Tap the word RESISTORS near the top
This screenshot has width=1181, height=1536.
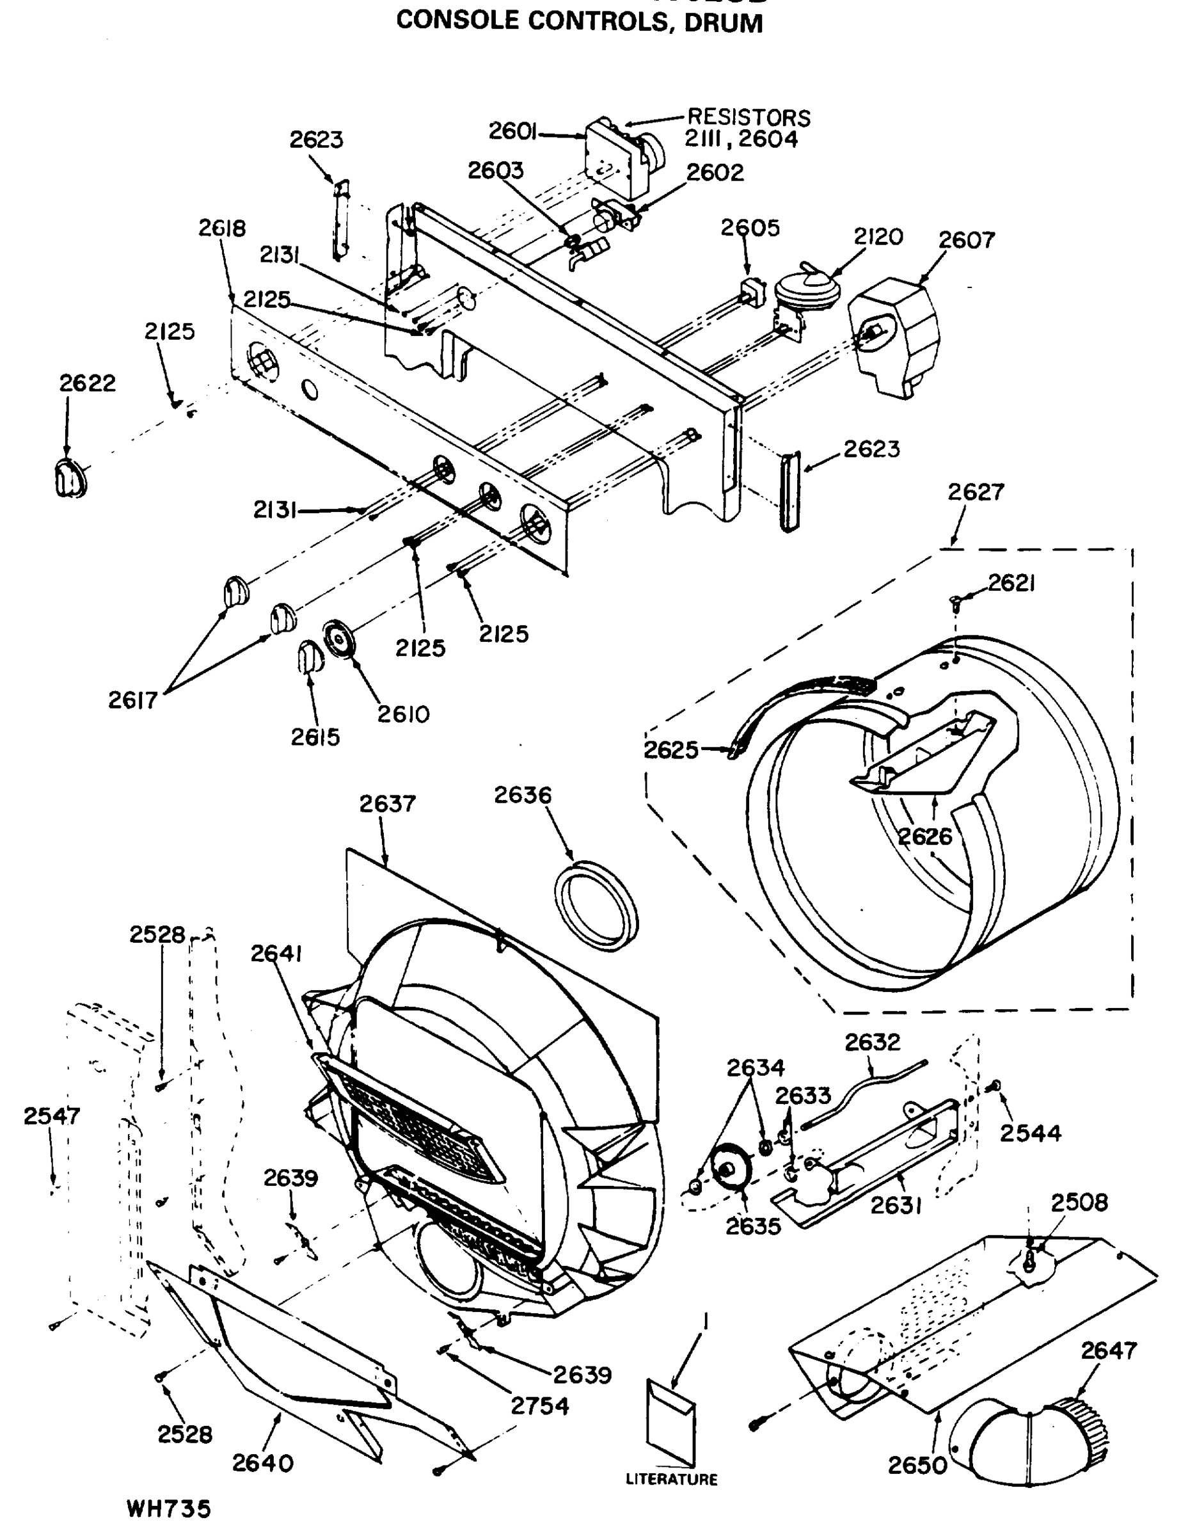[x=748, y=116]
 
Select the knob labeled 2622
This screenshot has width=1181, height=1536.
[x=70, y=478]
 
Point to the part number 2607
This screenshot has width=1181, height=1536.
[x=967, y=241]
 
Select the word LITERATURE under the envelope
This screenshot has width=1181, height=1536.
[x=671, y=1479]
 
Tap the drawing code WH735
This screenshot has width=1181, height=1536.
[x=169, y=1509]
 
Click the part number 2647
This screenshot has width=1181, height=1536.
[x=1109, y=1350]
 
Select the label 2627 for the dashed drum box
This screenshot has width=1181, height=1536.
[x=975, y=492]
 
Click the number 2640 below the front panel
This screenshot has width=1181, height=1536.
[x=262, y=1463]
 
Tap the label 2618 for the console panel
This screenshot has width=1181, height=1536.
[x=222, y=228]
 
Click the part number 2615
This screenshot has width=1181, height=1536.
[x=315, y=737]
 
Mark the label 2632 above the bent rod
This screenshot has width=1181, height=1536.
[x=873, y=1041]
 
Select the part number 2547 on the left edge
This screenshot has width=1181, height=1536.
[x=52, y=1116]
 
